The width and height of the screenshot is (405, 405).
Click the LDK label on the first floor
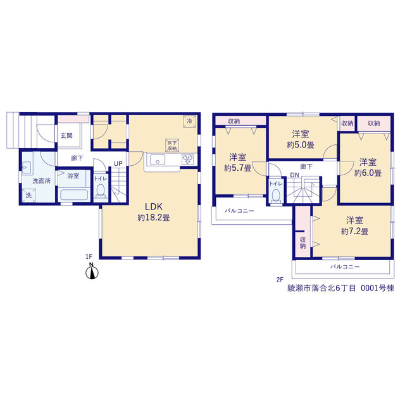153,207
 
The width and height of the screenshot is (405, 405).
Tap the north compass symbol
92,271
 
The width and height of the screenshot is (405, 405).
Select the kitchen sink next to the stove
158,159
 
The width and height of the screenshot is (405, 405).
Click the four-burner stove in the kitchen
187,159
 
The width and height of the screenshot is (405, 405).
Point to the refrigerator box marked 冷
189,121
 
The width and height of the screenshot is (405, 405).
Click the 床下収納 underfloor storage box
172,146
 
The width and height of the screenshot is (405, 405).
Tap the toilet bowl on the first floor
101,191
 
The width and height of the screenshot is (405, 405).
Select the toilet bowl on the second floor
276,196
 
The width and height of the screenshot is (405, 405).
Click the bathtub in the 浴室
74,195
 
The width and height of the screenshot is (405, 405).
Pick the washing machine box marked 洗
28,196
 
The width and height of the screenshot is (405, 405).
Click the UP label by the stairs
118,163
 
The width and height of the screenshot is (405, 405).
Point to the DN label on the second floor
294,175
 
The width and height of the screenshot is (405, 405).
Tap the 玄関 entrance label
66,135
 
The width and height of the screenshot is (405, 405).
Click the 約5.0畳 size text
301,145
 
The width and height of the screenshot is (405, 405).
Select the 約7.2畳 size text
354,231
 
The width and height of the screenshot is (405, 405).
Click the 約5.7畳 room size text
238,168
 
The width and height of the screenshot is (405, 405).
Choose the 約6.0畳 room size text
368,173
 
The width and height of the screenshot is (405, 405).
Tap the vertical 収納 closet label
302,243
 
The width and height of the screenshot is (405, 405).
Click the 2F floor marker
280,280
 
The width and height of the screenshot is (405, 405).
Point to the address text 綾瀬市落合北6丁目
321,288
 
